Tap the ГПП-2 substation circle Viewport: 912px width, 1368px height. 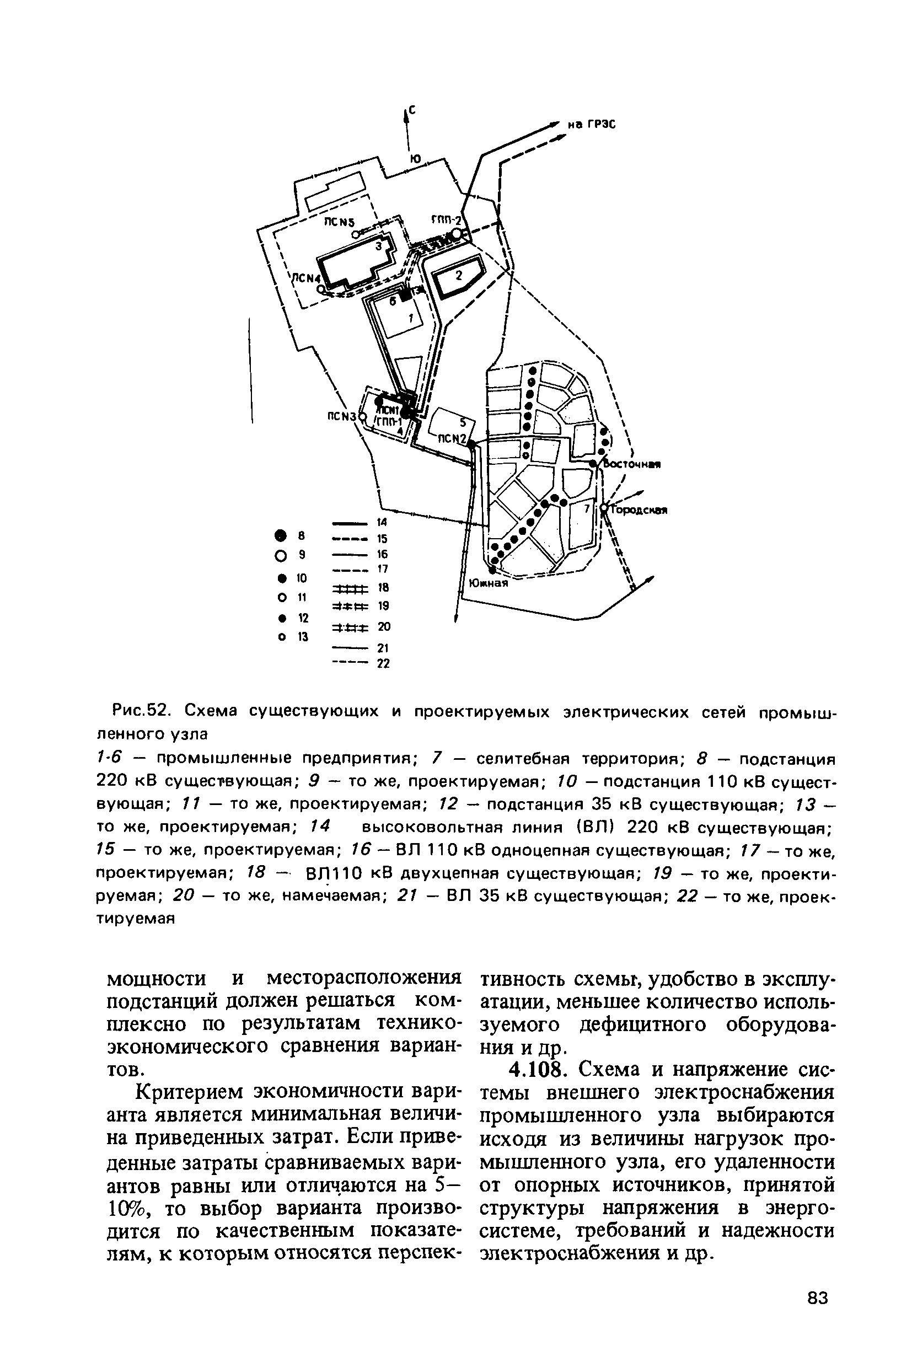(x=458, y=234)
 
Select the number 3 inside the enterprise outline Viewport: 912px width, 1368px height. (x=378, y=246)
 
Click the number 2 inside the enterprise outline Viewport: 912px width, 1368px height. (x=458, y=275)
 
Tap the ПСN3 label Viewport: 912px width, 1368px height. (x=341, y=416)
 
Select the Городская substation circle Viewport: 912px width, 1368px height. (x=604, y=509)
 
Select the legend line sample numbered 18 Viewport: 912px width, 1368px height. (x=350, y=588)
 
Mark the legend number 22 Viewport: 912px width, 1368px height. (x=383, y=664)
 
